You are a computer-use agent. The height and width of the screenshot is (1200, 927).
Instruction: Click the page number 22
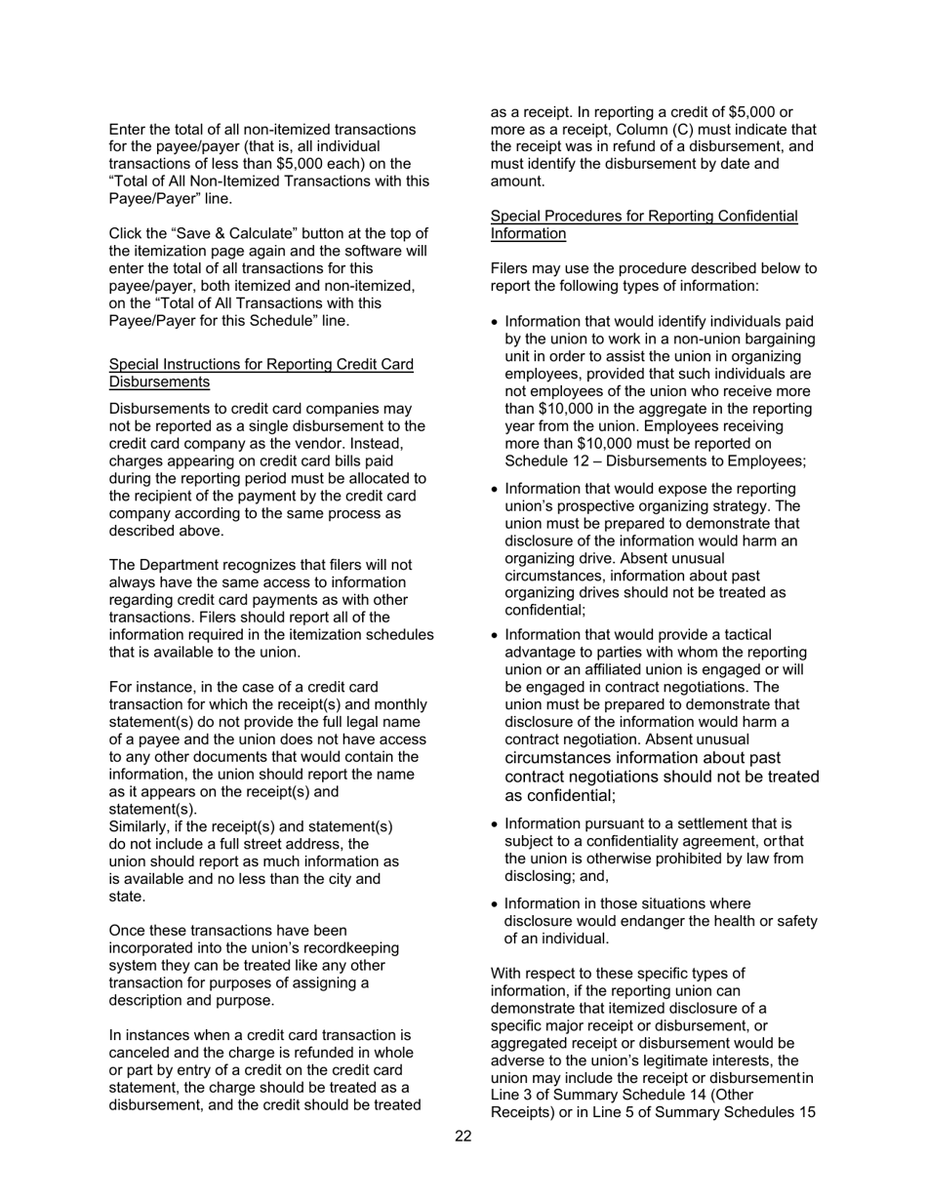coord(463,1136)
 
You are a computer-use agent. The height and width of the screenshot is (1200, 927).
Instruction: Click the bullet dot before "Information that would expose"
coord(496,489)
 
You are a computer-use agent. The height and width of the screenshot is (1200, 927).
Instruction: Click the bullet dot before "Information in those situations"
coord(496,904)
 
